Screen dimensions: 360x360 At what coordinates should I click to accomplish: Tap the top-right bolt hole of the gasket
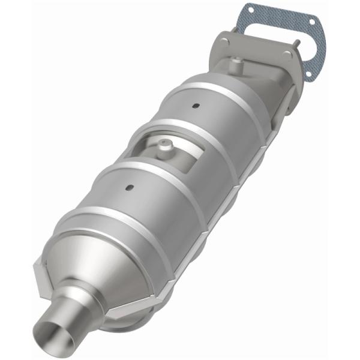coord(312,22)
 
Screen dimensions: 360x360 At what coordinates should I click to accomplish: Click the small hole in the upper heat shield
coord(195,107)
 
